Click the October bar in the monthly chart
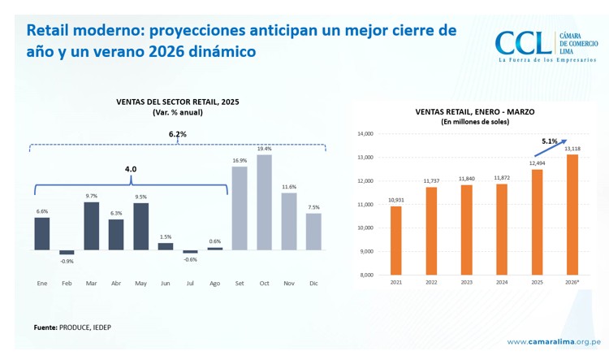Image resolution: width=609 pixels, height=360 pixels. coord(264,202)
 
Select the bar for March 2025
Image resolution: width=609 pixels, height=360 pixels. coord(91,225)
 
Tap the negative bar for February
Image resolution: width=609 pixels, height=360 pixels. coord(67,252)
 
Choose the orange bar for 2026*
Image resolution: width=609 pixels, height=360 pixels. coord(572,215)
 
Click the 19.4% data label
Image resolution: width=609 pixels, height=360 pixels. coord(264,149)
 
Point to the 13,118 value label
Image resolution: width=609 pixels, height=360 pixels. coord(572,149)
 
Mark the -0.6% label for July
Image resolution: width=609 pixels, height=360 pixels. coord(190,259)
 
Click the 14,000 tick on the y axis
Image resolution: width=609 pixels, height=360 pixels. coord(365,134)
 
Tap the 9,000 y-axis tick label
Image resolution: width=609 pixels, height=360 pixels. coord(366,251)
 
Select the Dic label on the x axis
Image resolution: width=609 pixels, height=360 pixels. coord(313,283)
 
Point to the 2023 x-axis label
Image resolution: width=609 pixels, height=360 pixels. coord(466,283)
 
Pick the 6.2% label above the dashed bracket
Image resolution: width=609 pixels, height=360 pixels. coord(177,134)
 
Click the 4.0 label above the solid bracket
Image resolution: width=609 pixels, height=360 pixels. coord(130,169)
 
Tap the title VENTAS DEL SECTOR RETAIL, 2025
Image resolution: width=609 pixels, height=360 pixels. coord(177,102)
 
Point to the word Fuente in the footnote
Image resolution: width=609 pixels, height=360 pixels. coord(45,327)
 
